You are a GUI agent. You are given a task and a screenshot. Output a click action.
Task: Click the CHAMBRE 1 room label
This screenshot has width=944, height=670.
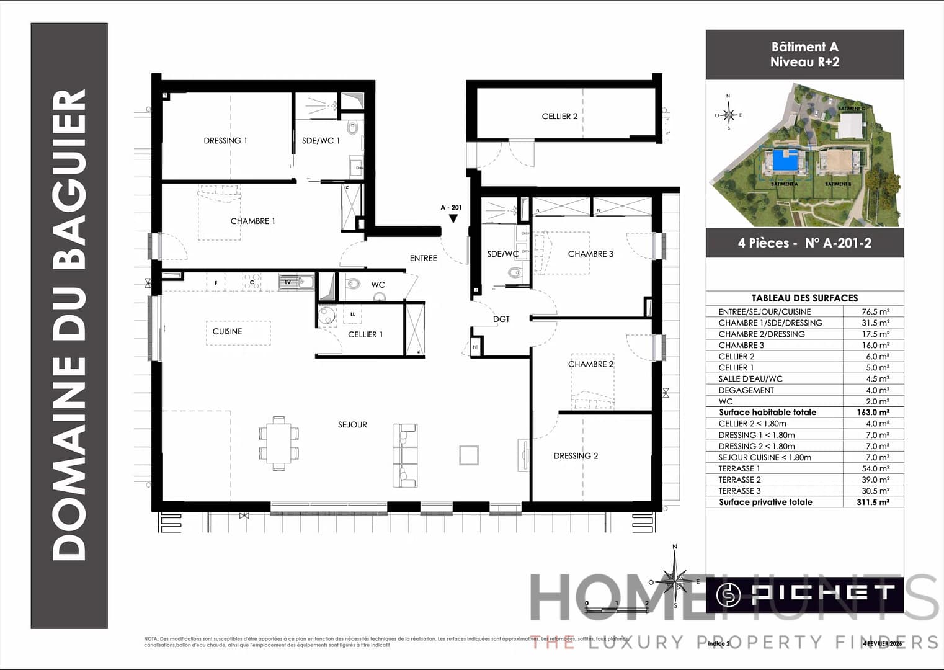point(252,221)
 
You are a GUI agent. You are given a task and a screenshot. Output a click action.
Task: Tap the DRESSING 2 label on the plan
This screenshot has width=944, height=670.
point(576,456)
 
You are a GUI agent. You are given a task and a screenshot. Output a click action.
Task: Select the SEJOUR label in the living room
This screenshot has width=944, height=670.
point(352,425)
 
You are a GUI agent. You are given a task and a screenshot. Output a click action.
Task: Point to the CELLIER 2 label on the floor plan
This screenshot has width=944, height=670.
point(559,117)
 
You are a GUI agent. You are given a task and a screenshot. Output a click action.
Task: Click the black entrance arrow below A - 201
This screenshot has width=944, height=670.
point(453,218)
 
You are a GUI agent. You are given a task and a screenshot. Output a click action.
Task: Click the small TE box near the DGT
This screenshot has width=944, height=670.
point(475,347)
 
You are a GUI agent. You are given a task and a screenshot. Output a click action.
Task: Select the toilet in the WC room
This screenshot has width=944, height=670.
point(353,285)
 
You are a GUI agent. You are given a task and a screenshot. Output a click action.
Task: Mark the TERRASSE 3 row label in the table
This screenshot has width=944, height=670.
point(739,491)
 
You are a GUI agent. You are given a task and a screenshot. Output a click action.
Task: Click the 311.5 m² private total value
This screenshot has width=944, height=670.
point(873,502)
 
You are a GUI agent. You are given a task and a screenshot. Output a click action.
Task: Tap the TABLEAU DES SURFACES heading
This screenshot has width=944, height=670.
point(804,298)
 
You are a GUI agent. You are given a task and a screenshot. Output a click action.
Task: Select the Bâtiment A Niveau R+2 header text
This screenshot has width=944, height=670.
point(804,55)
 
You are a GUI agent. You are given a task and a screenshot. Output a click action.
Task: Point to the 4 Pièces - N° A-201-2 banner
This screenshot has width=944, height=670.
point(804,243)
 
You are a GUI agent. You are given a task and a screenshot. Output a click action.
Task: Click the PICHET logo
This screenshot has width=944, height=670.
point(805,594)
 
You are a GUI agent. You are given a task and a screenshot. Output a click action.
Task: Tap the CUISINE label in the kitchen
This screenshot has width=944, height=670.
point(227,332)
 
